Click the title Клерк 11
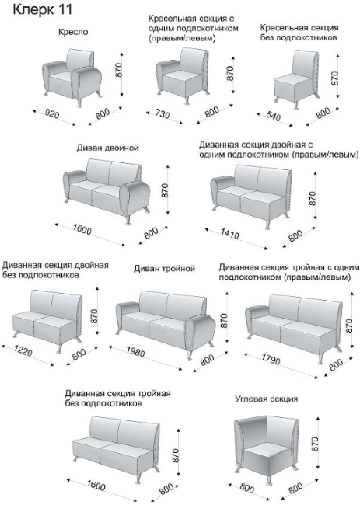(x=42, y=9)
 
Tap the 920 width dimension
(x=52, y=113)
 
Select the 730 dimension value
(x=163, y=113)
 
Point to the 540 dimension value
(x=273, y=116)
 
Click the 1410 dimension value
(x=229, y=233)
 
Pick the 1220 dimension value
(x=23, y=350)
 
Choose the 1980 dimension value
(x=135, y=351)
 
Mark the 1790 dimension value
(x=271, y=360)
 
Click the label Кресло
(x=73, y=32)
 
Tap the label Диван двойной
(x=107, y=148)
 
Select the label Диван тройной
(x=164, y=269)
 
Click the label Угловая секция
(x=267, y=399)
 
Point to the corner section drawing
(x=266, y=450)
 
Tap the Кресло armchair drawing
(x=72, y=77)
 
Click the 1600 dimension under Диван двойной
(x=82, y=229)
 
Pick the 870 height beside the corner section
(x=315, y=444)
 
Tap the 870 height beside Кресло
(x=119, y=70)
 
